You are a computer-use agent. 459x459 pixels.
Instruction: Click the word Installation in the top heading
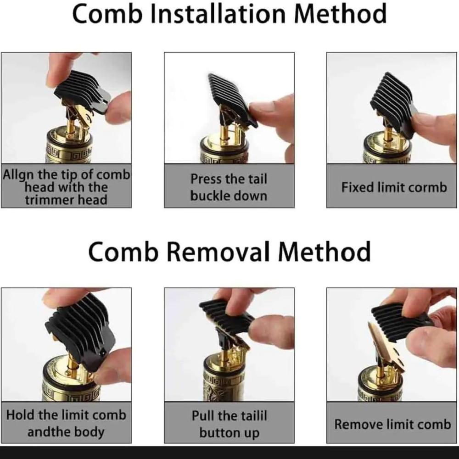pyautogui.click(x=218, y=14)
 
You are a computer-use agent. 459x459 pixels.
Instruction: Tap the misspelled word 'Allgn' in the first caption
pyautogui.click(x=18, y=175)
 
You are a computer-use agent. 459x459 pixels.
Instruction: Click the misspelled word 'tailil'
pyautogui.click(x=252, y=416)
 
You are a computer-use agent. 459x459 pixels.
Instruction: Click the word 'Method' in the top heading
pyautogui.click(x=340, y=14)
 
